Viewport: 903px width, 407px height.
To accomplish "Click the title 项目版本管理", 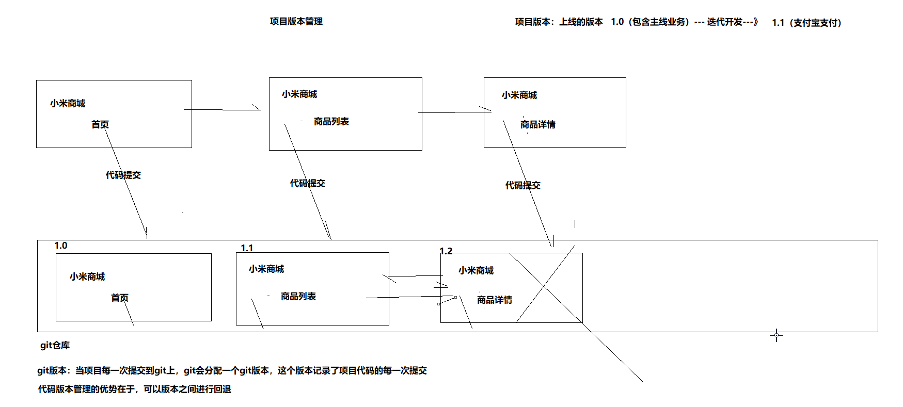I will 296,21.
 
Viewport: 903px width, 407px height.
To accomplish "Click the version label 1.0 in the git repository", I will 61,246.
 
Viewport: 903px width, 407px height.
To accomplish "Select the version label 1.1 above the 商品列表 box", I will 247,248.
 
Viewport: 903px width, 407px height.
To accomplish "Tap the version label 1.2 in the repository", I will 446,251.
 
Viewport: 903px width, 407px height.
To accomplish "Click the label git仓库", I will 55,345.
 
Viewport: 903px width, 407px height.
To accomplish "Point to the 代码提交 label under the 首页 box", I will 123,175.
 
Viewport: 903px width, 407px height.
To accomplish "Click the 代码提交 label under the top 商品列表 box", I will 307,184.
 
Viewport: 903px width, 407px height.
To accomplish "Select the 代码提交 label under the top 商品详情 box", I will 522,186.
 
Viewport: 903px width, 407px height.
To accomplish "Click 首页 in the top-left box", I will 100,125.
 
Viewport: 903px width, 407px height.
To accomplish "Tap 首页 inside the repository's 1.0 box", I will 120,298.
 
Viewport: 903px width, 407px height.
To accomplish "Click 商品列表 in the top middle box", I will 331,122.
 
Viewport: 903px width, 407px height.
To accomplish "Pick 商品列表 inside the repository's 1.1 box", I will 298,297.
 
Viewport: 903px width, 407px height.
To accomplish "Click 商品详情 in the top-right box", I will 537,125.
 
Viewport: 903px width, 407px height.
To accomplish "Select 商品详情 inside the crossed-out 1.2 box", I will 494,300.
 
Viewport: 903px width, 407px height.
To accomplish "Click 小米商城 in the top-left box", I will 68,104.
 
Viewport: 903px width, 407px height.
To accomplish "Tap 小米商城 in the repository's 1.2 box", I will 476,271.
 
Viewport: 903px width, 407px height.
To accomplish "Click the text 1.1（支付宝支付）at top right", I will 806,23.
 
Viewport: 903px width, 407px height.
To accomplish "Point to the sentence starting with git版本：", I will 232,370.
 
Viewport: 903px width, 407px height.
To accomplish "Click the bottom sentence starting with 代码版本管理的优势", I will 134,389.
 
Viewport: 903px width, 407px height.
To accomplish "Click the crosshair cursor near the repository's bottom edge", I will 776,335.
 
